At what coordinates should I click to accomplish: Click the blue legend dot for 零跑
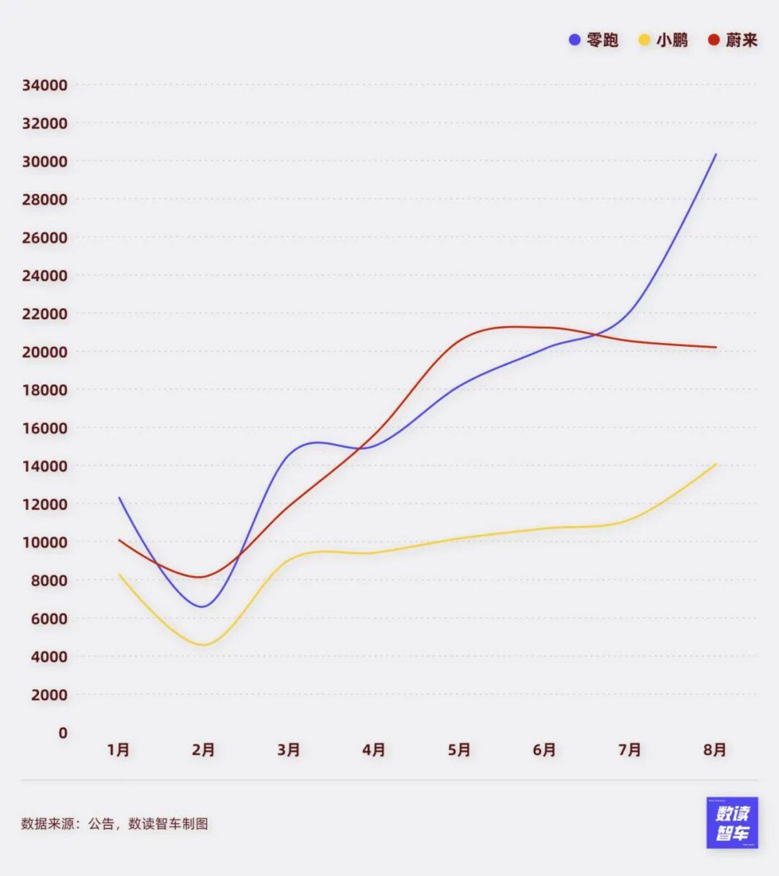575,40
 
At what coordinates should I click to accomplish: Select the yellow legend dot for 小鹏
644,40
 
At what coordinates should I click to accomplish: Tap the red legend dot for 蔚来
713,40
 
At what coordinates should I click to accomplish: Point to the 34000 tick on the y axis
45,85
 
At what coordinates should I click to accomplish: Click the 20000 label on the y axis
45,352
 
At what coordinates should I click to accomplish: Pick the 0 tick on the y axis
63,733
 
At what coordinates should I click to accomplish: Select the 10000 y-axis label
45,542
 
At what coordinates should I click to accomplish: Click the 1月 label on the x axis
119,750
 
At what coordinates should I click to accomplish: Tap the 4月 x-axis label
374,750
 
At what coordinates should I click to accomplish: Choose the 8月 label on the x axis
715,750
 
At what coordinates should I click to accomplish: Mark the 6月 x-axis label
544,750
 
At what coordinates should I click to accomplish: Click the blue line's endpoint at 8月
716,154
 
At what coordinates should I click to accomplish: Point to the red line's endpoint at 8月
716,348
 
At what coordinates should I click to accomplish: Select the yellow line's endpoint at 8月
716,464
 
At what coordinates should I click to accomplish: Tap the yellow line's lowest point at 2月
204,645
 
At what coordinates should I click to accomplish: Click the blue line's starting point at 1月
119,498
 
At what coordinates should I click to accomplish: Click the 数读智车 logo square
732,823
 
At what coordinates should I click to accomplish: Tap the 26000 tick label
45,238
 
